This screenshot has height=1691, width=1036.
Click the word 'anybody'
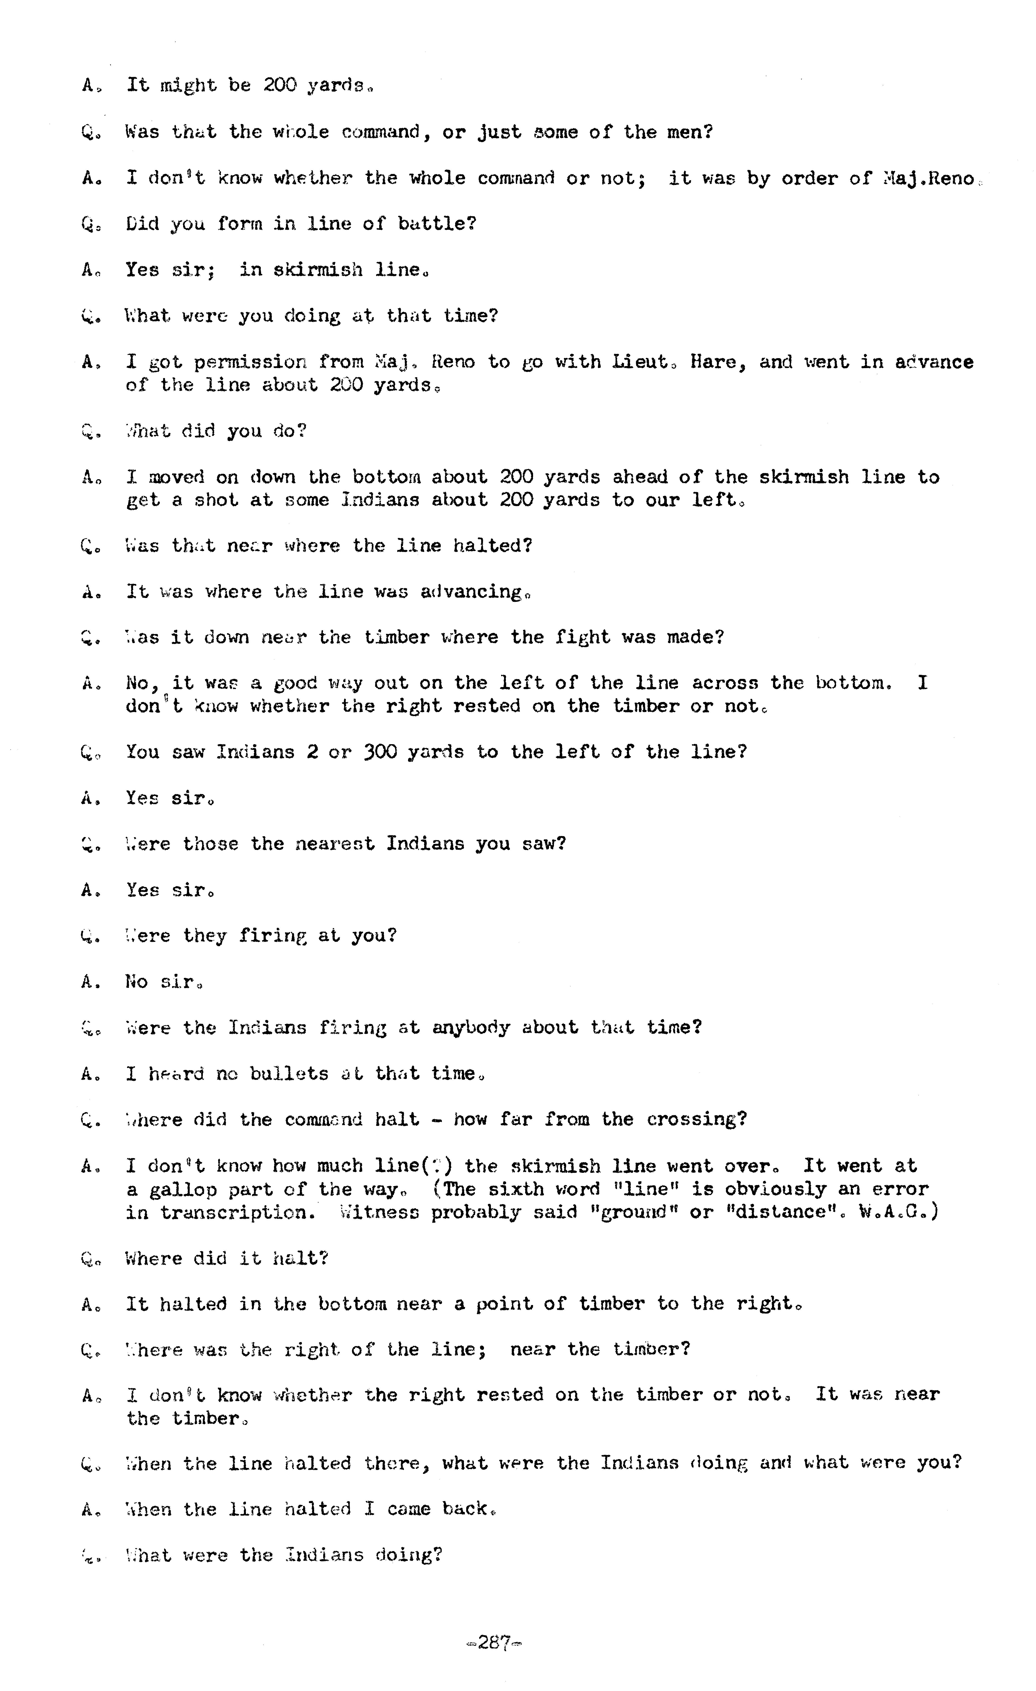click(471, 1028)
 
